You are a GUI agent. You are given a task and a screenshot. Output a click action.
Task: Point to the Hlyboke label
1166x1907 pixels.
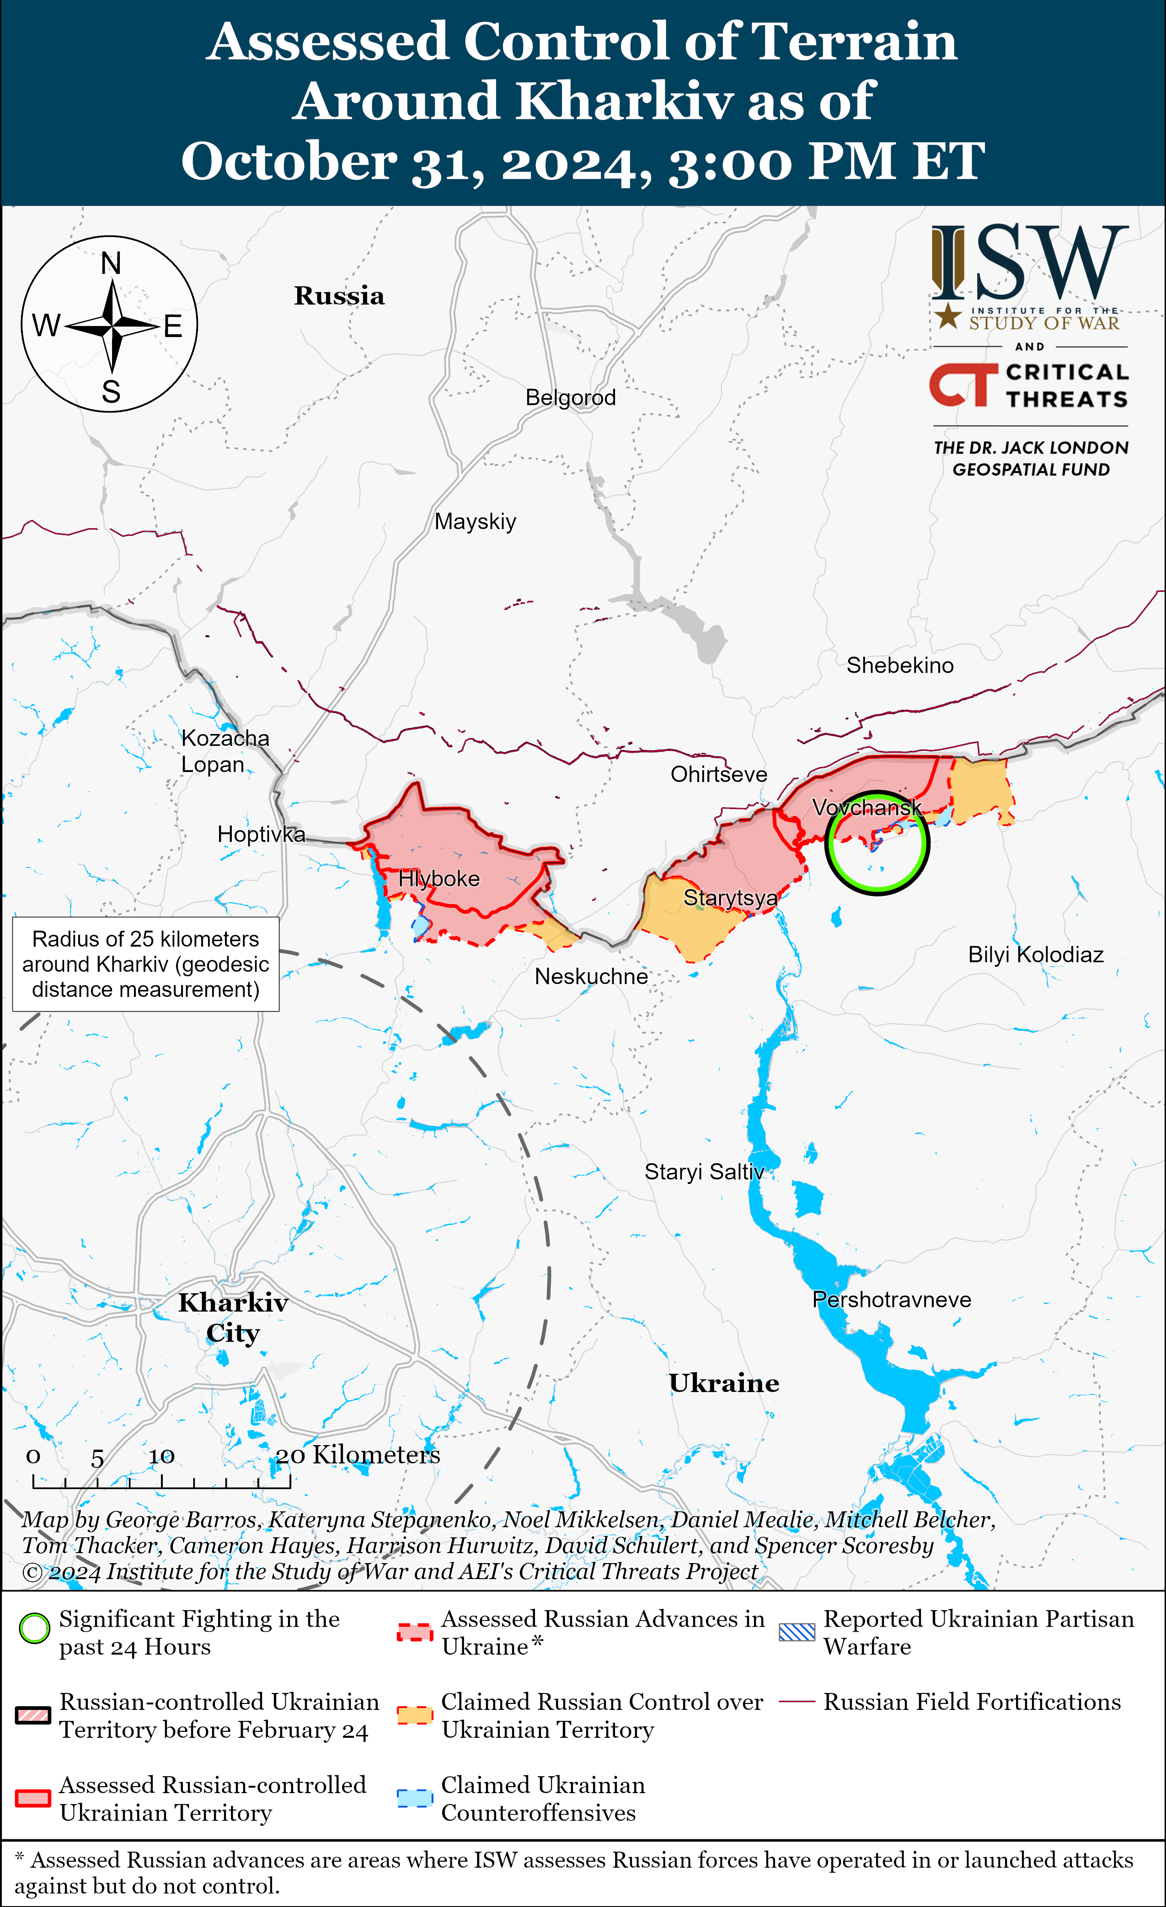click(439, 879)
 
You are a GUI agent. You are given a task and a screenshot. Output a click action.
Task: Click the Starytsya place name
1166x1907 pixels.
click(730, 898)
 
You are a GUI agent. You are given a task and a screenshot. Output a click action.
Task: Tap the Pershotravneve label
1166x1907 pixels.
click(891, 1299)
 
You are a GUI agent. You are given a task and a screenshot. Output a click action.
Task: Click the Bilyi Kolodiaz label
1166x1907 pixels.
click(1035, 954)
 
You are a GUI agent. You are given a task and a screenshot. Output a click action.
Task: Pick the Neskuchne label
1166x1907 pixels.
click(591, 977)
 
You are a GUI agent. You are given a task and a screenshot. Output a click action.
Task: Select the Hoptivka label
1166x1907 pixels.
click(261, 834)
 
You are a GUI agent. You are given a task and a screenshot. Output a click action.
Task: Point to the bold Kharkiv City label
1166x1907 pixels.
click(233, 1317)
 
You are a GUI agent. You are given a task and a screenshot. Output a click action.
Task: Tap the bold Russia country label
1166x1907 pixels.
click(339, 295)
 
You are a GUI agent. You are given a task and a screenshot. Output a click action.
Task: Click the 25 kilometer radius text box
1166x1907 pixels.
click(145, 964)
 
